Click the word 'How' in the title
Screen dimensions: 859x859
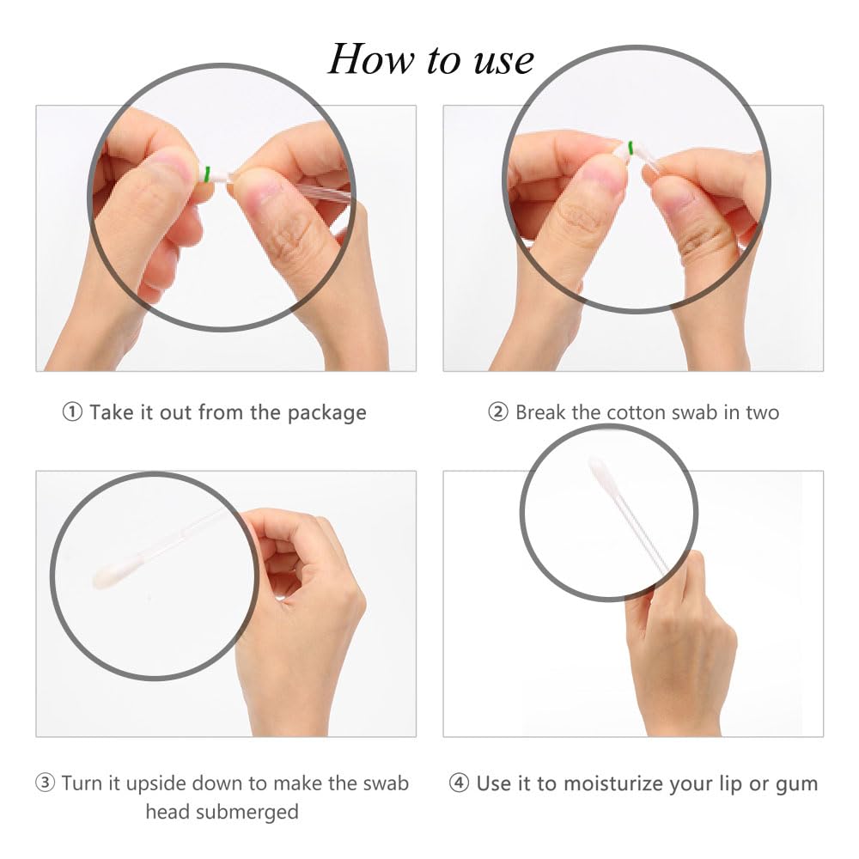pos(371,58)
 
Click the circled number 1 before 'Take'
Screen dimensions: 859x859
pos(72,412)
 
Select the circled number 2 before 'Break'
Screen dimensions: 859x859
pos(498,412)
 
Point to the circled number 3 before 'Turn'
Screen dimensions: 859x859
pos(45,783)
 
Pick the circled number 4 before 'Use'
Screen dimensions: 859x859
pos(459,783)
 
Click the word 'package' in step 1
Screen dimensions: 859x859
pos(327,413)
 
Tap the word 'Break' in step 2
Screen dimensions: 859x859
pos(540,412)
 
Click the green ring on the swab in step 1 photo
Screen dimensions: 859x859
pos(207,174)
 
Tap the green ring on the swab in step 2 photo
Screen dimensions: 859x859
pos(631,148)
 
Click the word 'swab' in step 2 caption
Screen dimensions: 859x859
pos(691,412)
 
